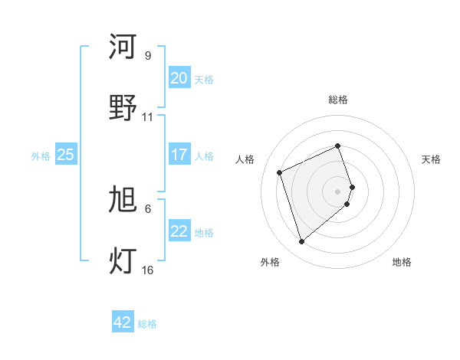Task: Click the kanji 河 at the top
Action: (x=123, y=47)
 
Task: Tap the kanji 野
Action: (x=123, y=108)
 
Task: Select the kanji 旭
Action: (x=123, y=201)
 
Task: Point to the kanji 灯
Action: (x=123, y=261)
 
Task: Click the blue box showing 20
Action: (x=179, y=78)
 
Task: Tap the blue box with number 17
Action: (x=179, y=155)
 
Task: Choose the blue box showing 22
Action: (x=179, y=231)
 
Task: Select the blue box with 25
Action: (x=66, y=155)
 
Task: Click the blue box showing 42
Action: (x=123, y=322)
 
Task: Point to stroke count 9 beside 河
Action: (x=147, y=56)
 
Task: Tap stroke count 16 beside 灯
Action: (x=147, y=270)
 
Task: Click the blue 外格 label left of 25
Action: (x=41, y=155)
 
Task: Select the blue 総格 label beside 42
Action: (x=147, y=324)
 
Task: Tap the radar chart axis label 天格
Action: (x=431, y=159)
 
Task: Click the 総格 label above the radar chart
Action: (x=338, y=100)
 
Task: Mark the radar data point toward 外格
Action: (x=301, y=242)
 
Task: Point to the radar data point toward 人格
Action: (x=280, y=172)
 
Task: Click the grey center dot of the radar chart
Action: (x=338, y=191)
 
